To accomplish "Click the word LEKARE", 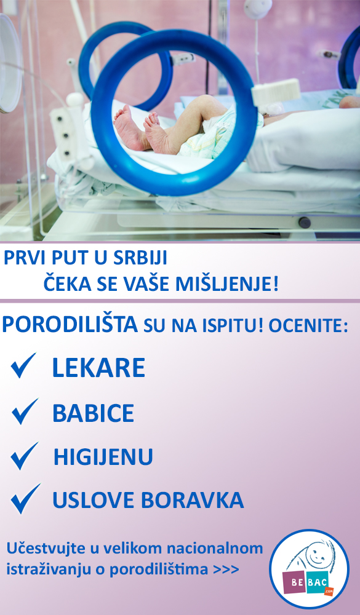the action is point(98,368).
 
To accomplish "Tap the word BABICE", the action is point(94,413).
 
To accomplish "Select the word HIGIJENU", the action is point(103,456).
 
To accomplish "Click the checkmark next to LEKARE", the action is point(23,365).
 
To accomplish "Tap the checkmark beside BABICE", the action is point(25,411).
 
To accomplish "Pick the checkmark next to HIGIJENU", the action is point(24,456).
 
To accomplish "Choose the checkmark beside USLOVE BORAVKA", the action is point(25,499).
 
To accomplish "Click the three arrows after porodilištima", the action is point(226,569).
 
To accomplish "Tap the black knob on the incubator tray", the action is point(305,223).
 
